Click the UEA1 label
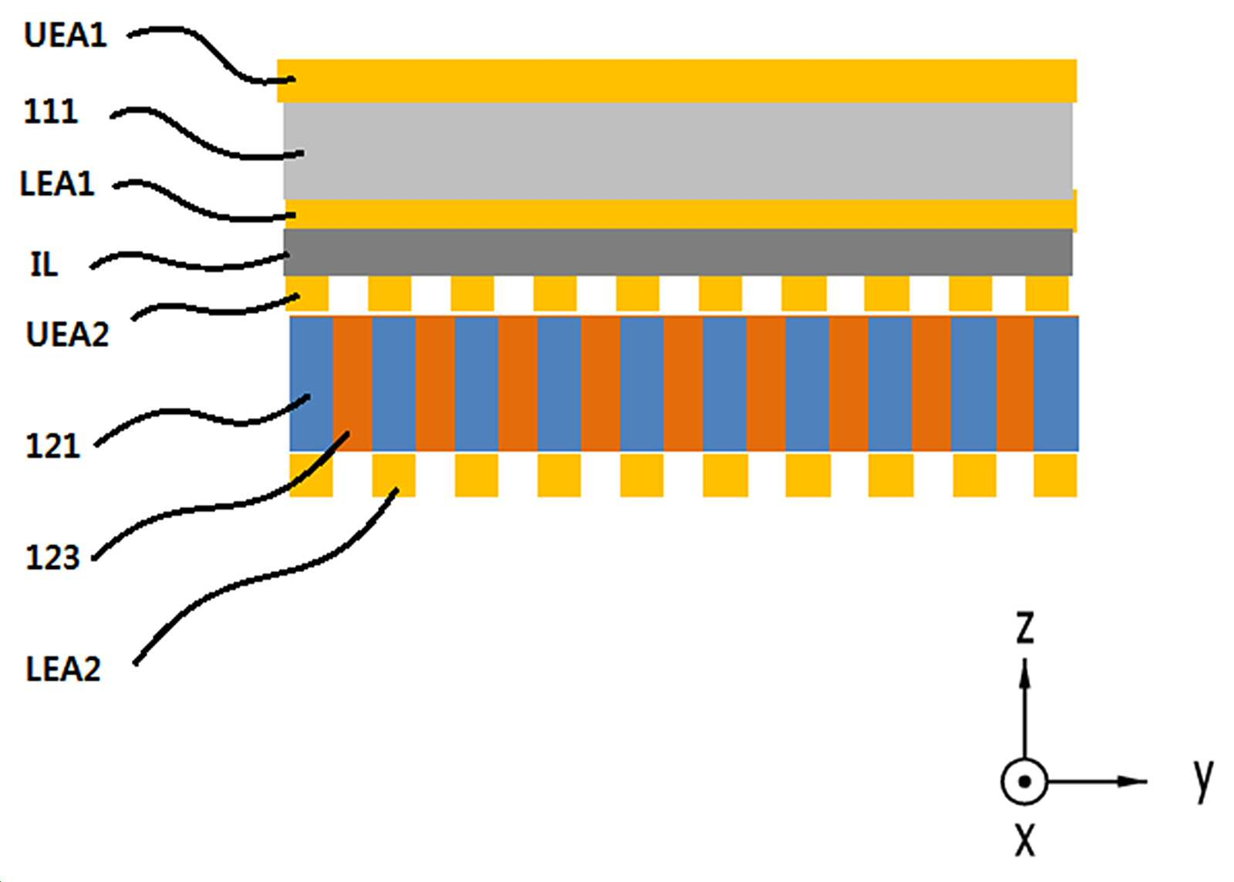65,35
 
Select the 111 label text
51,112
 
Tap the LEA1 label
57,184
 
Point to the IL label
44,264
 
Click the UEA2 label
68,334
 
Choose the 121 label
53,446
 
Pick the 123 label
53,557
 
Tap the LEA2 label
63,669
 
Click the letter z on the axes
1025,628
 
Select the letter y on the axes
1204,781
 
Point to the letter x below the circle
1025,840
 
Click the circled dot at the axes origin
1024,781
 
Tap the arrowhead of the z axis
1025,673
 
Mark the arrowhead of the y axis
1133,781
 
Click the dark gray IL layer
678,252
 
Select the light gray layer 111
678,150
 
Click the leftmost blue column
312,384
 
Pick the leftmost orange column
352,384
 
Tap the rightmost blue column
1056,384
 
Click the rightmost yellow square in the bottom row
1056,475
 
